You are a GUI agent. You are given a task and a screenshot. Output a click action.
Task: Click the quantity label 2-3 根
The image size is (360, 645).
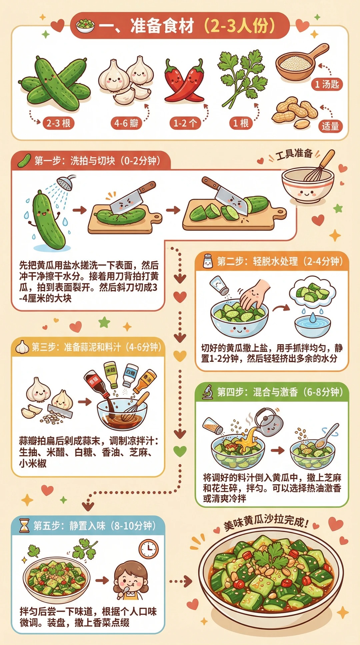tap(58, 123)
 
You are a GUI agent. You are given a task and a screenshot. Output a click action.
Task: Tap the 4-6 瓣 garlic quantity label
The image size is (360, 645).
tap(126, 123)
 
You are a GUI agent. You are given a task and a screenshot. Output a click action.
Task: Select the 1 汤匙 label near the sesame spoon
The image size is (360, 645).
tap(327, 84)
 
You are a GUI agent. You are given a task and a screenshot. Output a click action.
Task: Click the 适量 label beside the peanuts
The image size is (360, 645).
tap(330, 126)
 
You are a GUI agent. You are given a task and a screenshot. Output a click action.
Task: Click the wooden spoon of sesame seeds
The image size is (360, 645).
tap(300, 63)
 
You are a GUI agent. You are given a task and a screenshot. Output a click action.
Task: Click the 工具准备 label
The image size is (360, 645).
tap(294, 155)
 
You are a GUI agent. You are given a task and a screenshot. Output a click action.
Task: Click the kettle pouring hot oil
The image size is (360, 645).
tap(268, 422)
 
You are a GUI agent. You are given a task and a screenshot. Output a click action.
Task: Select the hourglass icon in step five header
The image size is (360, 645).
tap(24, 526)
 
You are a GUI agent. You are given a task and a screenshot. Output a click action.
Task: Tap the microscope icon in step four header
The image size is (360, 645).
tap(208, 392)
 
